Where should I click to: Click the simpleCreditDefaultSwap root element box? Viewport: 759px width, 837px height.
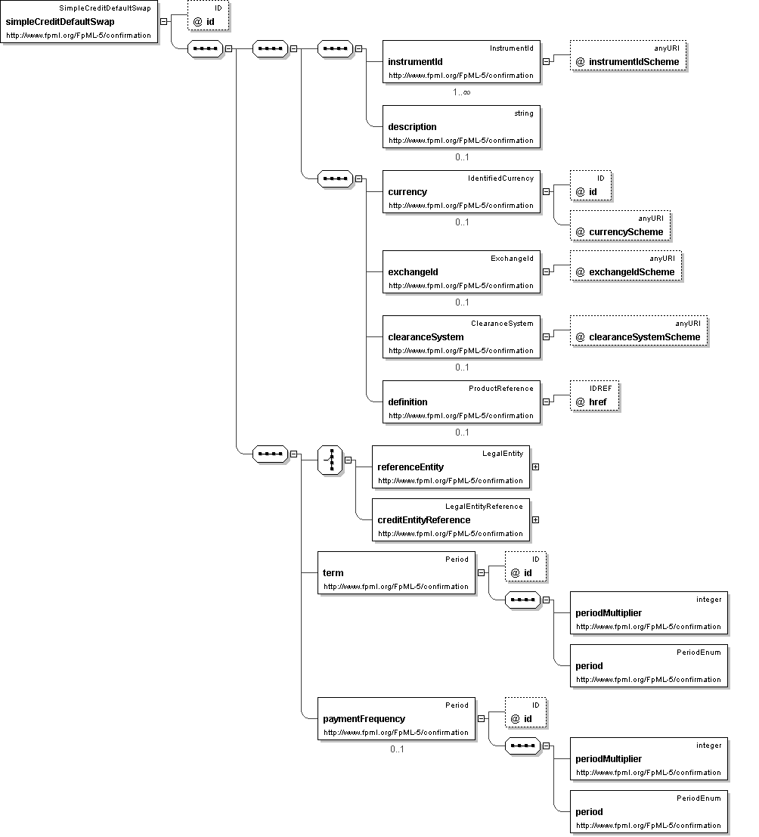point(79,21)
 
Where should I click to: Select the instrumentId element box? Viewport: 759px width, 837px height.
point(461,61)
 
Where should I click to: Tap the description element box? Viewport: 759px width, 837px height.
point(461,126)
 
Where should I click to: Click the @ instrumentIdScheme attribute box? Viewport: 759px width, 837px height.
point(627,55)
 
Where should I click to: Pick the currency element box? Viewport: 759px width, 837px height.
point(461,191)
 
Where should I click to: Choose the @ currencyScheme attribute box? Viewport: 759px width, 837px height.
point(620,225)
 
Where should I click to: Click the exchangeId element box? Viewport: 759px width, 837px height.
point(461,271)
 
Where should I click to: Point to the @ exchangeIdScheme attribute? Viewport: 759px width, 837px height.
point(625,266)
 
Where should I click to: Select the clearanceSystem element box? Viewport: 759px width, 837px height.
point(461,336)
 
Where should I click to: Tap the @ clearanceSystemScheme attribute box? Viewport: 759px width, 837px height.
point(638,331)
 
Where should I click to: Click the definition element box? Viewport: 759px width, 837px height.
point(461,402)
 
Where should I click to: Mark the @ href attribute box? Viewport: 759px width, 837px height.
point(594,396)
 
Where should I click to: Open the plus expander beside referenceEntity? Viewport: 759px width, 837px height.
point(535,467)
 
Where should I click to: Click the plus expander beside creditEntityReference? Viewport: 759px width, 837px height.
point(535,519)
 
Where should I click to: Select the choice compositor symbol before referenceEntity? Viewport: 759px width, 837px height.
point(330,460)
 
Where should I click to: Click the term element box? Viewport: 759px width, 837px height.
point(396,573)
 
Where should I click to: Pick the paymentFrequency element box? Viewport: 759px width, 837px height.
point(396,718)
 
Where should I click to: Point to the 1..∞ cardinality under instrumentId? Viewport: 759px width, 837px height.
point(462,91)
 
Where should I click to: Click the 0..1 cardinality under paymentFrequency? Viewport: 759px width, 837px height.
point(397,749)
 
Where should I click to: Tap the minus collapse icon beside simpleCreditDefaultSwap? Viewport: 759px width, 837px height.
point(163,21)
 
